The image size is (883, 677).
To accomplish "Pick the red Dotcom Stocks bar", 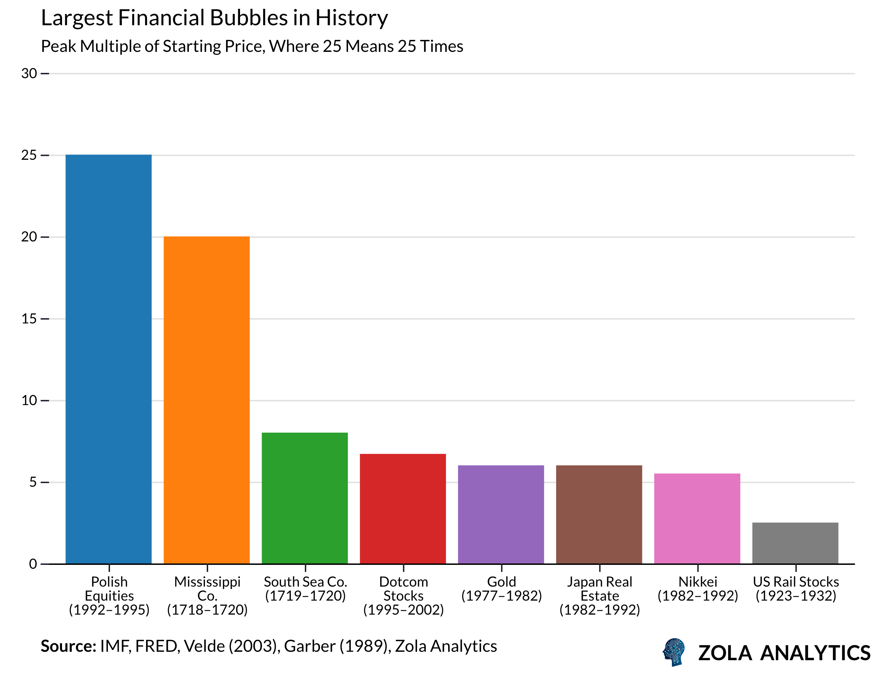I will pos(403,508).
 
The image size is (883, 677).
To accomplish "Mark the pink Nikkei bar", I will pos(697,518).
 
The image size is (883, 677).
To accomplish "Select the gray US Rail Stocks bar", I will pos(795,543).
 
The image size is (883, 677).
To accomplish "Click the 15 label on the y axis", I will pos(29,319).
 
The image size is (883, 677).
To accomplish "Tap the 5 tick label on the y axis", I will pos(33,482).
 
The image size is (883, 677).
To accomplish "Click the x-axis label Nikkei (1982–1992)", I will pos(698,589).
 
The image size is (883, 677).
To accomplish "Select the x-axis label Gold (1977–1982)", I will pos(501,589).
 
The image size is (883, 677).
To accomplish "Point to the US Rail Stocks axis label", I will pos(795,589).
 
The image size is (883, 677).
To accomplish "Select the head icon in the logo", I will pos(673,652).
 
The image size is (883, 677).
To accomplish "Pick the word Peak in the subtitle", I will pos(59,46).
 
